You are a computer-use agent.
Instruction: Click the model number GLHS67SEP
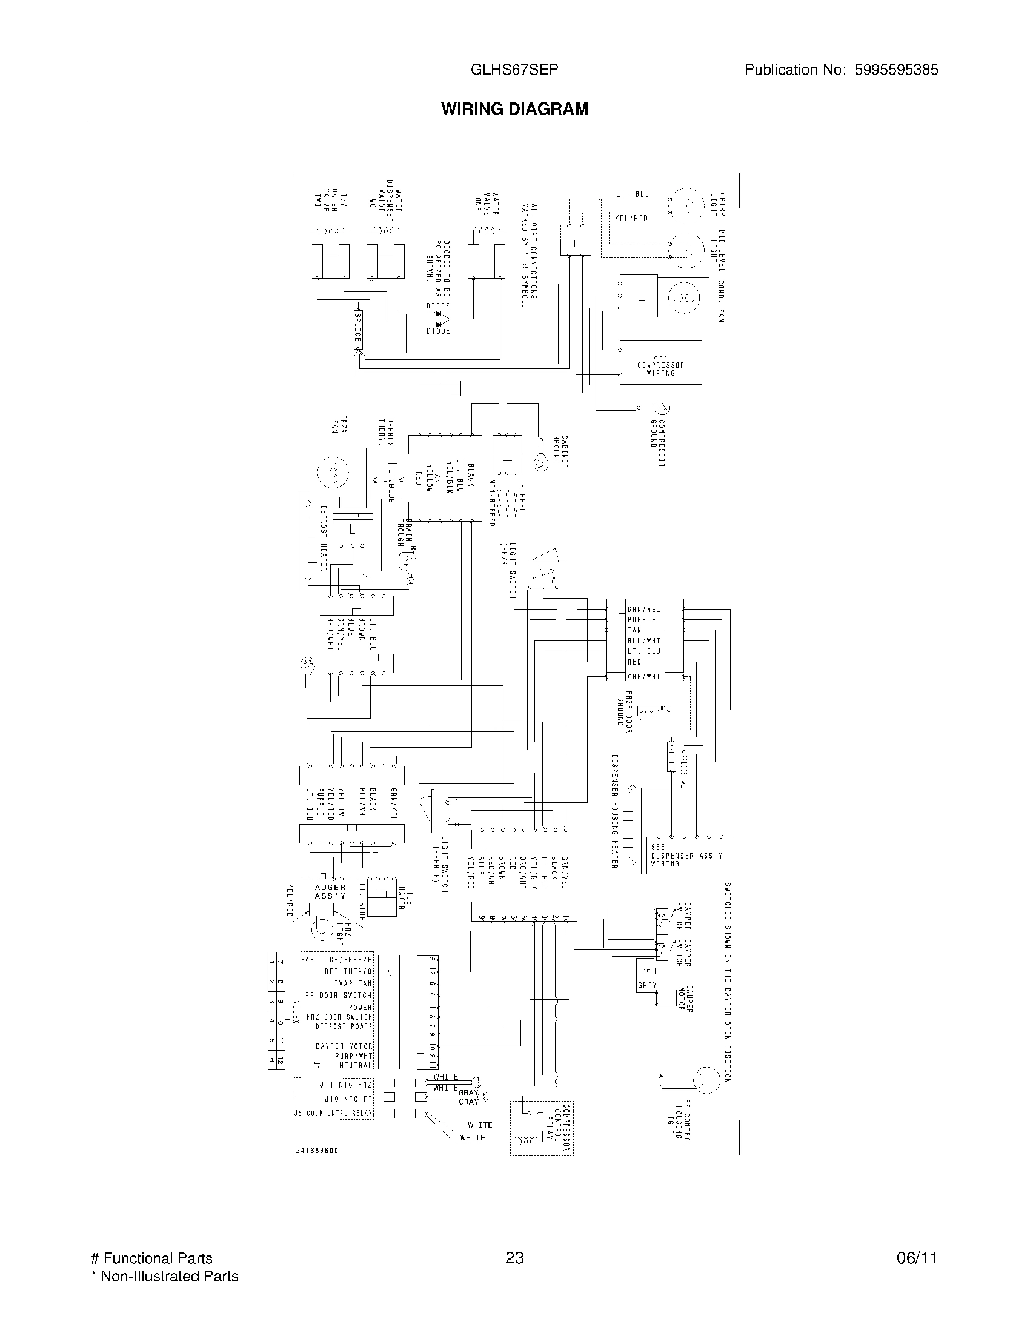click(x=514, y=70)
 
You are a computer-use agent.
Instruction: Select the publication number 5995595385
click(x=896, y=70)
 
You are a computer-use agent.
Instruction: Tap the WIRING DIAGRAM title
click(x=514, y=109)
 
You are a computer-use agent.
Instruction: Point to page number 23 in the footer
click(x=514, y=1258)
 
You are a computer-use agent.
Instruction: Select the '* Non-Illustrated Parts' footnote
click(x=165, y=1276)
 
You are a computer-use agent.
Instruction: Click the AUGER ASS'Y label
click(x=330, y=892)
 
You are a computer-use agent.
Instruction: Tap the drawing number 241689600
click(x=317, y=1151)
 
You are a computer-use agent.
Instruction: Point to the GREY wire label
click(x=647, y=986)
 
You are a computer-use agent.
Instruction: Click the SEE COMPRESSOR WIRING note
click(x=661, y=365)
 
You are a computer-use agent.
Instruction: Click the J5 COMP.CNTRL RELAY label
click(x=334, y=1113)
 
